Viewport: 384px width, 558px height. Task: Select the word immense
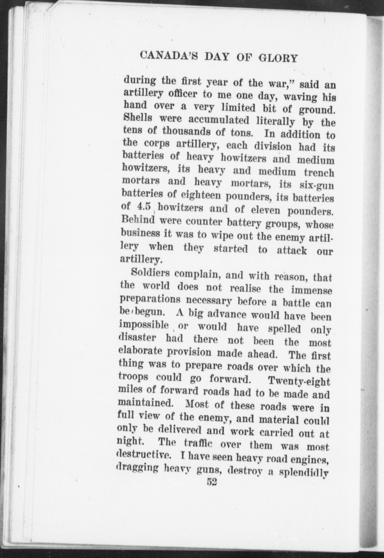[x=311, y=290]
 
